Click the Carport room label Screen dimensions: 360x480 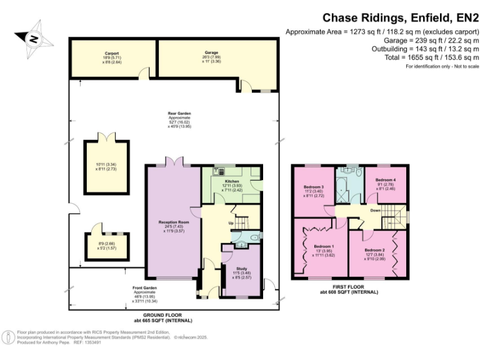pos(112,54)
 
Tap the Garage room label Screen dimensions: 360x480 pos(211,54)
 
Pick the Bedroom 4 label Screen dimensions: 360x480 pos(385,181)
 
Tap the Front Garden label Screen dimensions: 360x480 pos(144,288)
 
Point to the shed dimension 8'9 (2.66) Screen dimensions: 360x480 pos(105,244)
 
